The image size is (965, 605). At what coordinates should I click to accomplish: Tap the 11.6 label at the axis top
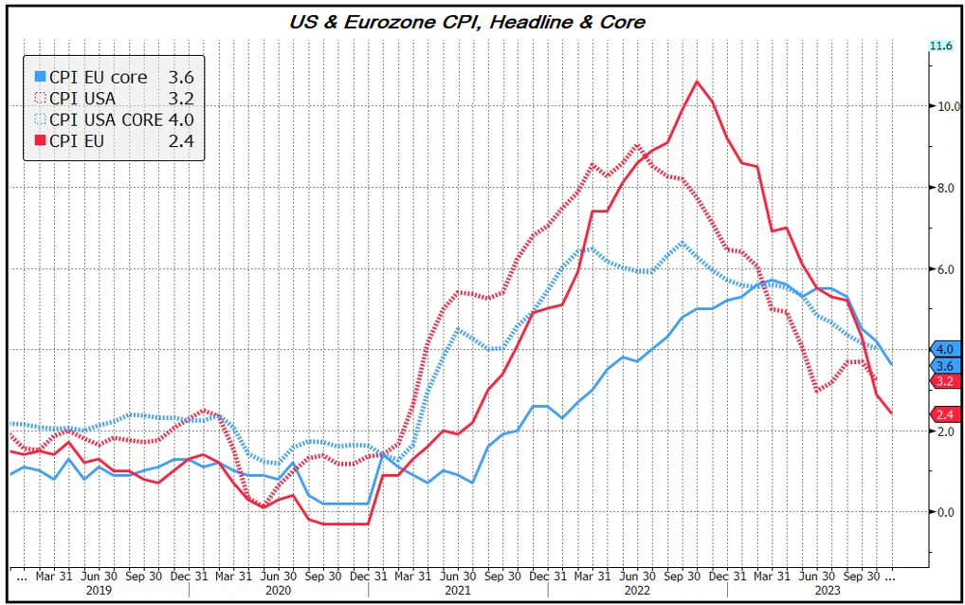pos(940,46)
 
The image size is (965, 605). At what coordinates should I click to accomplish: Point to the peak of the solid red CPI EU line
pos(697,82)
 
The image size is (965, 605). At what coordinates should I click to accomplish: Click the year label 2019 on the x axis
pos(99,589)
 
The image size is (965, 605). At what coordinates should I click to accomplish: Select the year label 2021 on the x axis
pos(458,589)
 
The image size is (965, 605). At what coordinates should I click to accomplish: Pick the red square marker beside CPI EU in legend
pos(40,141)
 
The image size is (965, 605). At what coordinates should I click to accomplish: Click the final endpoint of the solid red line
pos(891,412)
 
